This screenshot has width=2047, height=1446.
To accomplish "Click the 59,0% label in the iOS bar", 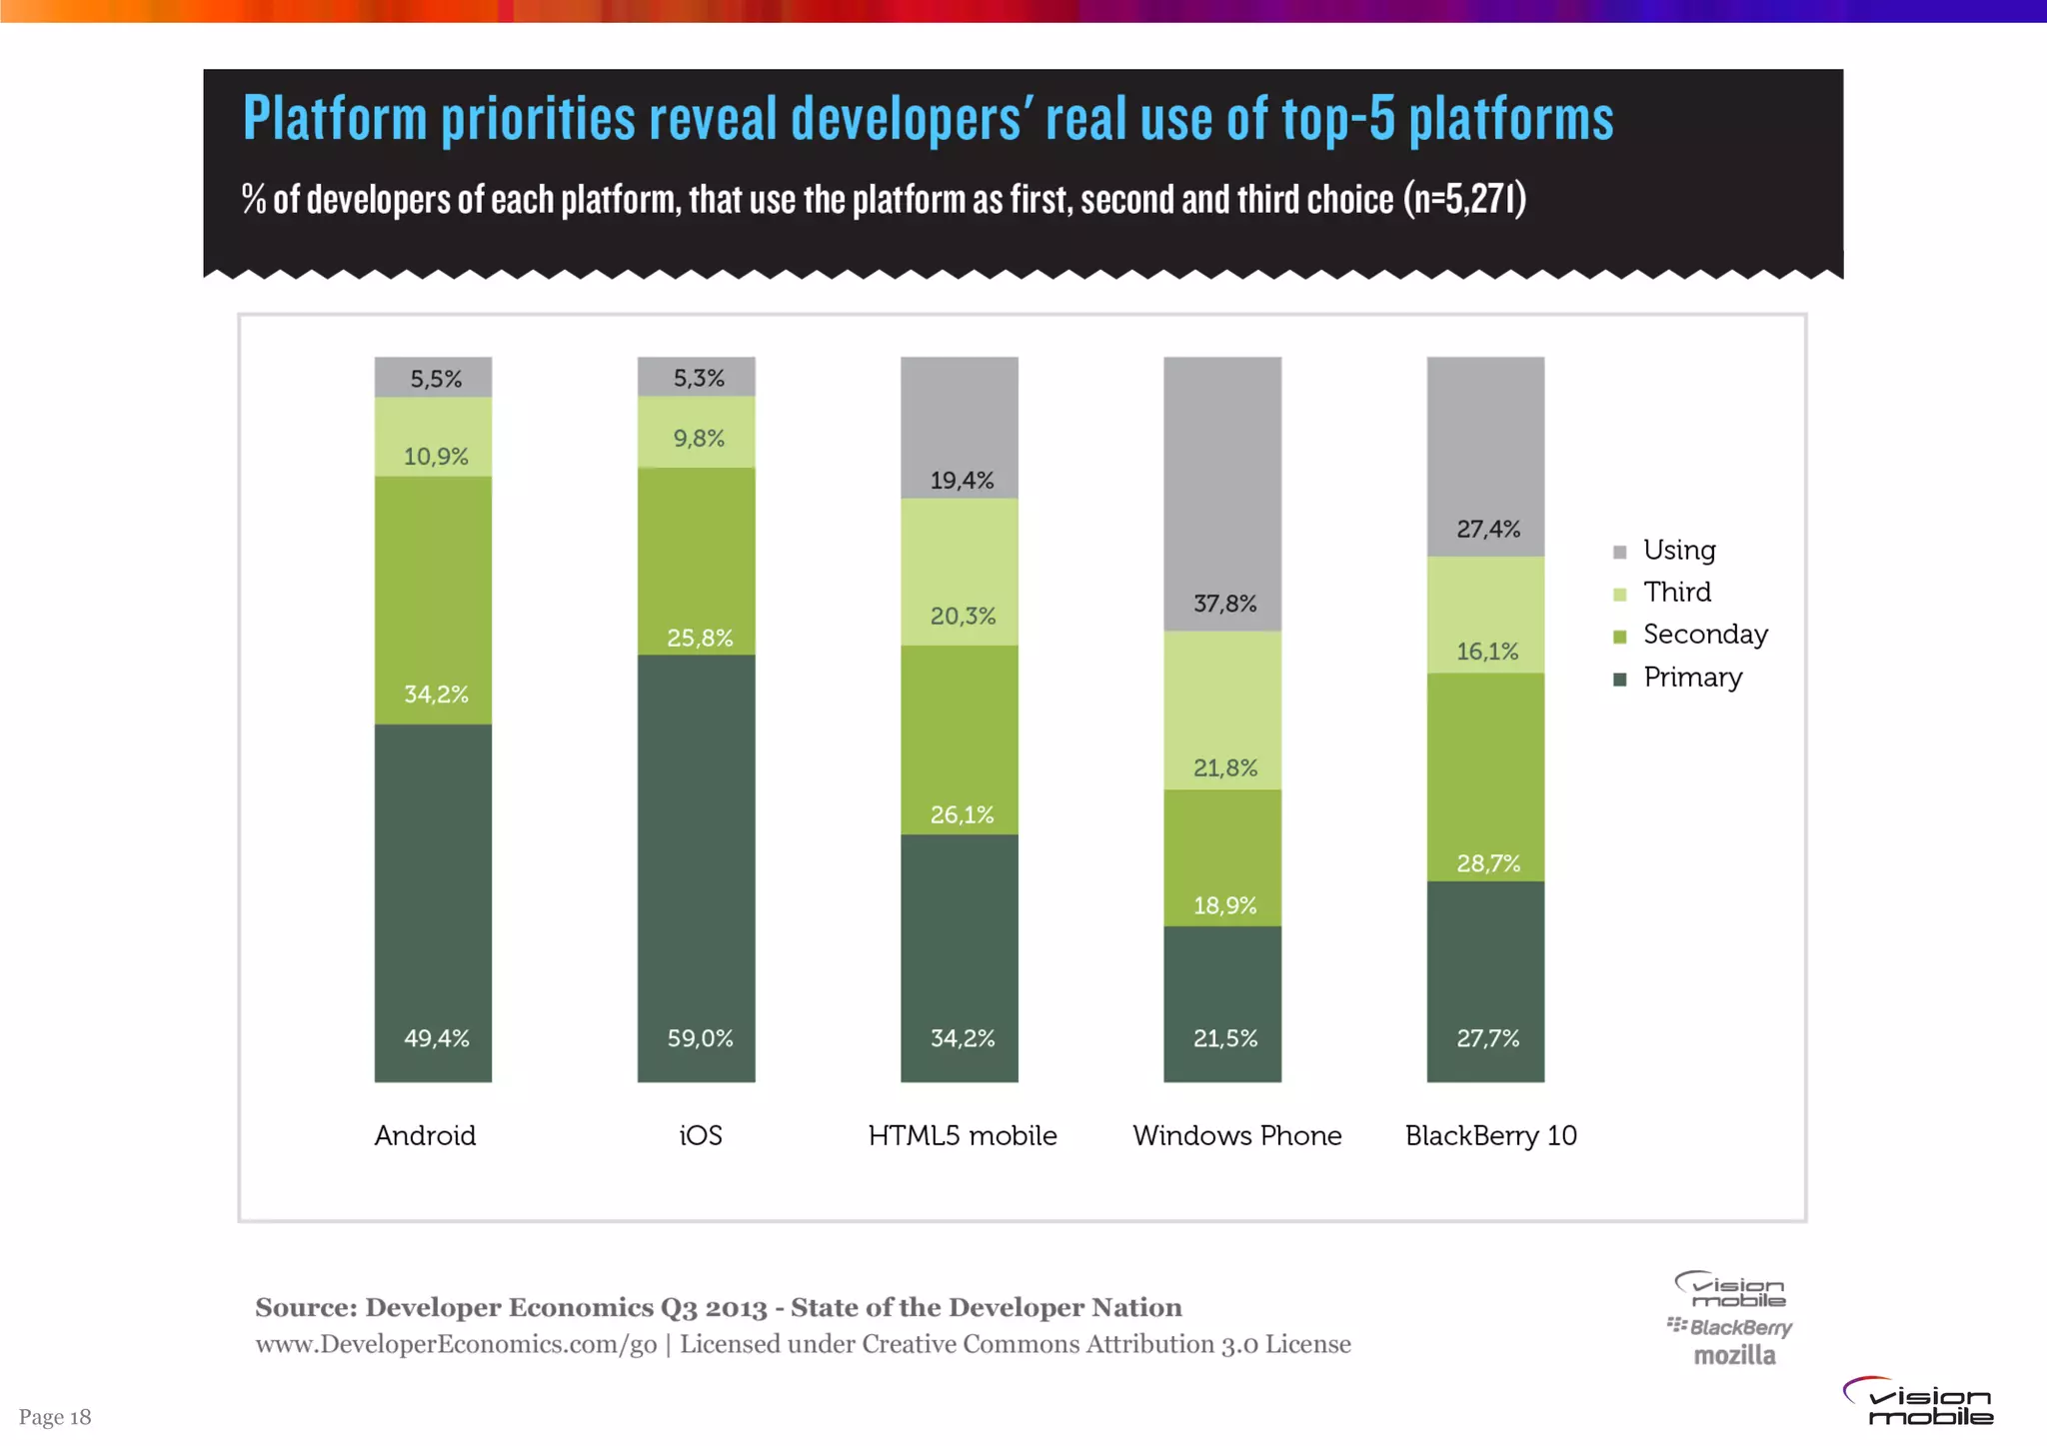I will [x=700, y=1038].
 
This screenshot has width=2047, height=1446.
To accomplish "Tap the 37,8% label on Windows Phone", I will [x=1224, y=604].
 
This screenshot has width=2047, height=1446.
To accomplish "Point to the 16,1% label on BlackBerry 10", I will [x=1486, y=652].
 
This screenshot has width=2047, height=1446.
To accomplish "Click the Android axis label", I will [x=425, y=1136].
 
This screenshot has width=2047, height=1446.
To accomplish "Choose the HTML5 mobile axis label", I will [x=962, y=1136].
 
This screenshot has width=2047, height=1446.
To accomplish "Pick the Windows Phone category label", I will [x=1236, y=1136].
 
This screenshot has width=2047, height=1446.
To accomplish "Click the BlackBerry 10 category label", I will [x=1490, y=1136].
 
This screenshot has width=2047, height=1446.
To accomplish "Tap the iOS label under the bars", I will [x=700, y=1136].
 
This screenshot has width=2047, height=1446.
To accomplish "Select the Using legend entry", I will [x=1679, y=551].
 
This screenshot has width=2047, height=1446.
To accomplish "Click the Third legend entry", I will [x=1676, y=593].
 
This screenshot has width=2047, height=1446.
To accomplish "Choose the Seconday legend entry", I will [x=1704, y=635].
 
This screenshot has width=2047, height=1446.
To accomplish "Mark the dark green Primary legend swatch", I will [x=1620, y=680].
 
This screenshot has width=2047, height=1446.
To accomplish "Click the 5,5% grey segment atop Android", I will [x=433, y=378].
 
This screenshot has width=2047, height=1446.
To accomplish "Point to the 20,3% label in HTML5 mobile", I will [x=963, y=617].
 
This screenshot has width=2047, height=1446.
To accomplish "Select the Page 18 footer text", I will [x=55, y=1417].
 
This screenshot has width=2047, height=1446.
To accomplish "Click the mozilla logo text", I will [x=1734, y=1356].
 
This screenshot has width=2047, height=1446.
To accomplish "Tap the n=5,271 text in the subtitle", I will [x=1464, y=200].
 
